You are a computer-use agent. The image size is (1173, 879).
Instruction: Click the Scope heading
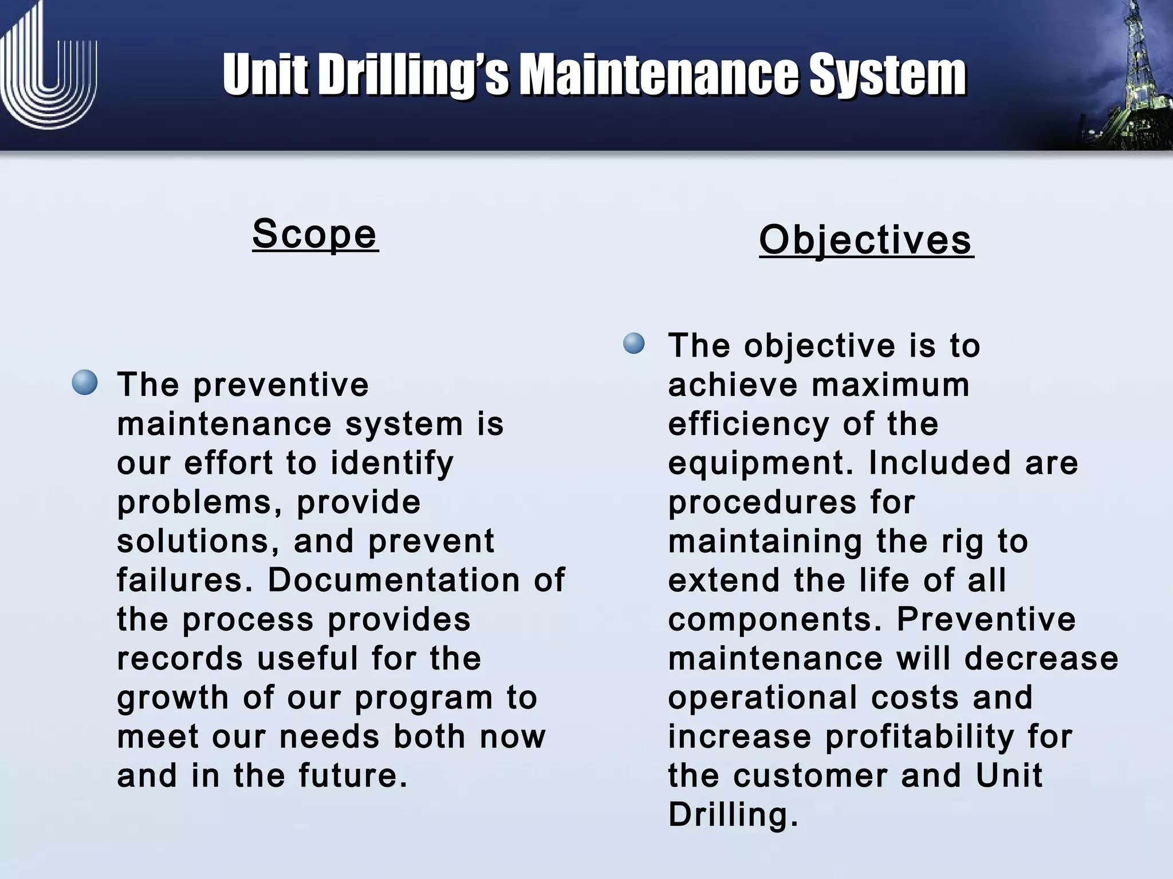coord(315,235)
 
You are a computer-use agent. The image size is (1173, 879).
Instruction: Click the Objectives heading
coord(866,240)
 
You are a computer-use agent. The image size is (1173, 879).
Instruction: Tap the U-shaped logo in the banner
coord(49,72)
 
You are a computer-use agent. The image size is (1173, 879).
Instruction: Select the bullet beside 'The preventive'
coord(85,382)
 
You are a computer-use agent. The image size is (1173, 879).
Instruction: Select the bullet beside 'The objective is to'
coord(634,343)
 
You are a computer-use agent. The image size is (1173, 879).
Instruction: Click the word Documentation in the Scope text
coord(394,580)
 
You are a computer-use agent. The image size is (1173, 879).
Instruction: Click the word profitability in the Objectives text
coord(919,737)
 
